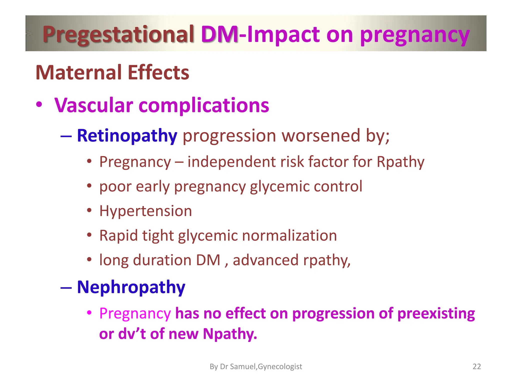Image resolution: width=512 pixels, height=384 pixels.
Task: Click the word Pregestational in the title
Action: click(118, 34)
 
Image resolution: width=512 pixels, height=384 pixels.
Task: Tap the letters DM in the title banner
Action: click(219, 34)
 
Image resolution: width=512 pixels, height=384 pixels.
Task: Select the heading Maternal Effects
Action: click(112, 73)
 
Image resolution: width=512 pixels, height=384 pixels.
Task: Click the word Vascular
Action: click(94, 105)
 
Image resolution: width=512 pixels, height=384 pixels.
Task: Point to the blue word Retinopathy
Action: click(127, 136)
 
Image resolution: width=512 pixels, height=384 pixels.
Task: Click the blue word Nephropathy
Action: click(131, 287)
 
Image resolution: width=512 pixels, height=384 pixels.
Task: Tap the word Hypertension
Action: click(145, 211)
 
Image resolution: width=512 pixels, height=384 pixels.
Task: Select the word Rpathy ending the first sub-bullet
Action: click(400, 162)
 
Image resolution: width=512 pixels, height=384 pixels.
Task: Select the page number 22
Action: click(476, 366)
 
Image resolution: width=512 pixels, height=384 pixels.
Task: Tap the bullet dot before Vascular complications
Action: click(39, 104)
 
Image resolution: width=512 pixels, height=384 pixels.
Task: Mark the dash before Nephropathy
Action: click(66, 287)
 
